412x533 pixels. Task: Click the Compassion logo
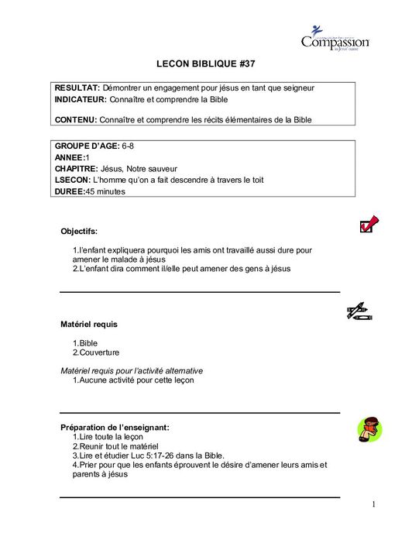(x=335, y=38)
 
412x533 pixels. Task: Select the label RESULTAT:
(x=77, y=88)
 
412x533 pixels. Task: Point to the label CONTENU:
(x=76, y=119)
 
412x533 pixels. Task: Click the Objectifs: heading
(x=79, y=230)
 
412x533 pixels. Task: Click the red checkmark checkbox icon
(x=368, y=225)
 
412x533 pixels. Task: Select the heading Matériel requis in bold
(x=89, y=323)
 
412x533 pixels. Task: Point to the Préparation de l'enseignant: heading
(x=115, y=427)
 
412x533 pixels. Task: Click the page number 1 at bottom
(x=373, y=505)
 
